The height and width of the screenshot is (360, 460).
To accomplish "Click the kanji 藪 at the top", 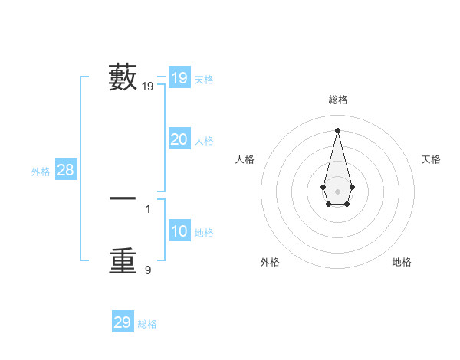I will (x=123, y=77).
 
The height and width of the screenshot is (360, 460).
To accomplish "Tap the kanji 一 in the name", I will (x=123, y=198).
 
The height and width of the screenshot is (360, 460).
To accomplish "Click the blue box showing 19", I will (x=179, y=78).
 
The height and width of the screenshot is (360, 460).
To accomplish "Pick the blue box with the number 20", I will (x=179, y=139).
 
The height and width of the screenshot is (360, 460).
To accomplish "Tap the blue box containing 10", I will (x=179, y=231).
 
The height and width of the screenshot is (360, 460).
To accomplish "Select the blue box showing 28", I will (x=66, y=170).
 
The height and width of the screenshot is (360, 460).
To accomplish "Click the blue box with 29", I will (x=123, y=322).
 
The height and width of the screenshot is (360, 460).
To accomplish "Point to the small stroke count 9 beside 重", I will (x=148, y=270).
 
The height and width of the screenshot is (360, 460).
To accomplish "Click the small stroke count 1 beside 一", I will (x=148, y=208).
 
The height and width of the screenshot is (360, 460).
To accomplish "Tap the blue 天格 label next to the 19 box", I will (x=204, y=80).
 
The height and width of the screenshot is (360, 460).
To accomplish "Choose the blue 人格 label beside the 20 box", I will (x=204, y=141).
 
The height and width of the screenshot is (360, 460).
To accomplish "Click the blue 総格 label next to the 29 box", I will (x=147, y=324).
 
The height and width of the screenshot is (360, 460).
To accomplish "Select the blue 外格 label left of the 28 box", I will (x=41, y=172).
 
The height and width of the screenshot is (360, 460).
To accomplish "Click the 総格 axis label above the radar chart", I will (x=338, y=100).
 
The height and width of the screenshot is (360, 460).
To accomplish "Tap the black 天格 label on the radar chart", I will (x=431, y=159).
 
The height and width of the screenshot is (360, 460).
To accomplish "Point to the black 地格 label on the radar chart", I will (x=402, y=262).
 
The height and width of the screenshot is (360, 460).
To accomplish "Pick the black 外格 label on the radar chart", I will (x=270, y=262).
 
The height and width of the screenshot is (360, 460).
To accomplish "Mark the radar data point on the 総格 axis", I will (x=337, y=129).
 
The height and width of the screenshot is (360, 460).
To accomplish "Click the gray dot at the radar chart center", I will (x=337, y=191).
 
